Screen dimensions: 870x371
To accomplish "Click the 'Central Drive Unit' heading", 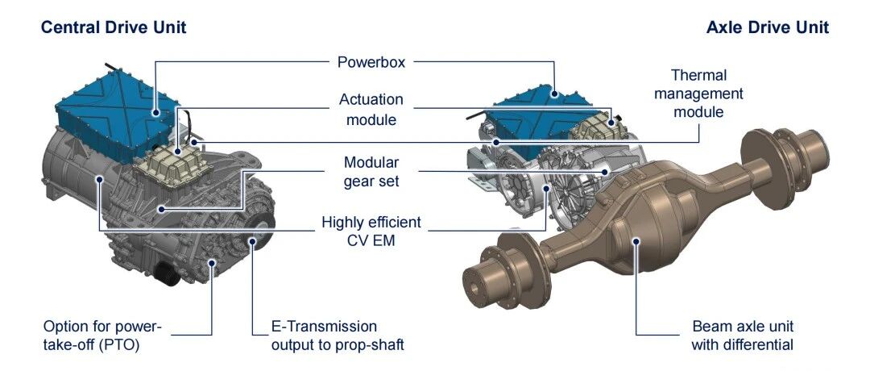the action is [x=114, y=27].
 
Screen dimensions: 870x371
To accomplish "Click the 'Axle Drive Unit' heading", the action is [x=768, y=27].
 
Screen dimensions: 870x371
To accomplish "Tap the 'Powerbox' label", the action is [x=371, y=61].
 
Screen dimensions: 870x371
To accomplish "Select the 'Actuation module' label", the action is [x=371, y=109].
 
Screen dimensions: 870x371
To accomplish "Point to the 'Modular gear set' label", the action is [x=371, y=172].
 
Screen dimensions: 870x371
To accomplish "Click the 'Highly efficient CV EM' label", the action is [x=371, y=231].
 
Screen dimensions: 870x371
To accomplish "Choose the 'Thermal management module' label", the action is [x=698, y=94].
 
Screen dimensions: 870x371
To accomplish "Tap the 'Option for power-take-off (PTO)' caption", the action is [x=102, y=336].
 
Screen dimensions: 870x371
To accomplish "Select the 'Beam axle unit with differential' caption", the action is [x=743, y=336].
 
